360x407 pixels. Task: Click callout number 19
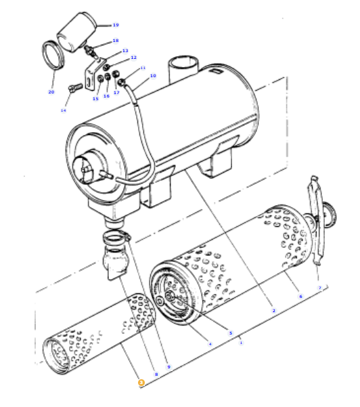click(116, 25)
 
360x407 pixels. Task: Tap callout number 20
click(51, 91)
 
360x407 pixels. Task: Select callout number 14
click(64, 110)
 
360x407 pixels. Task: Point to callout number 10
click(153, 76)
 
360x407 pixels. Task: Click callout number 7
click(320, 288)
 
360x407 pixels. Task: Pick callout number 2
click(273, 310)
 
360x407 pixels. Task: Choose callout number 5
click(231, 333)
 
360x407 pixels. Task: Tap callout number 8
click(156, 374)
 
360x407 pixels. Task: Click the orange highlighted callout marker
click(141, 383)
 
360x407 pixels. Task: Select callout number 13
click(125, 51)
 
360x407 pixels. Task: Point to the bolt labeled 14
click(76, 87)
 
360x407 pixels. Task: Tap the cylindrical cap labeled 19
click(76, 32)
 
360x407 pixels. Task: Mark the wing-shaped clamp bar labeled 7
click(316, 221)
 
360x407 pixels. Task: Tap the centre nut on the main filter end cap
click(170, 295)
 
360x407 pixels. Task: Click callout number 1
click(241, 343)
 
